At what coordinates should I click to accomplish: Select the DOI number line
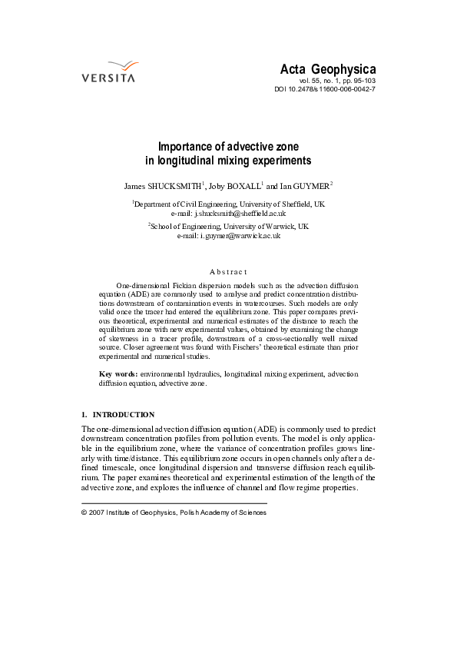[x=325, y=89]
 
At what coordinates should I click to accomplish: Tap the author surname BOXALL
[x=240, y=185]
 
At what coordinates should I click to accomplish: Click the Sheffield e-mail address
[x=240, y=213]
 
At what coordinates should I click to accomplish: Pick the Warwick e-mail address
[x=240, y=237]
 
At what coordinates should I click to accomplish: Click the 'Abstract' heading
[x=228, y=271]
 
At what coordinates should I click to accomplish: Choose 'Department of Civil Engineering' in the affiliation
[x=182, y=204]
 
